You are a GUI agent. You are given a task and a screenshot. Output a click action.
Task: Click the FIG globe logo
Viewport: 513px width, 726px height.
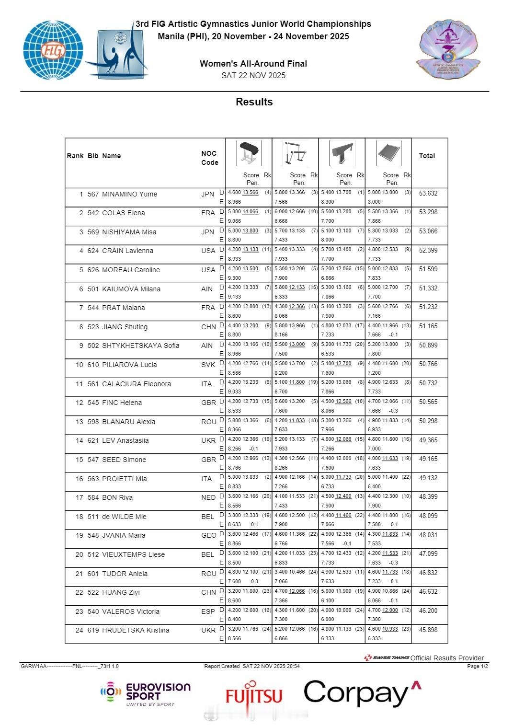(53, 50)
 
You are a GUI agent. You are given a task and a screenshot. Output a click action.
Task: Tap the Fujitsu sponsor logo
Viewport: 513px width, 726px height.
(253, 695)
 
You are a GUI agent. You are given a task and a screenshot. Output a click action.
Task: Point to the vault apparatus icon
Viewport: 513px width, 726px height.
(249, 153)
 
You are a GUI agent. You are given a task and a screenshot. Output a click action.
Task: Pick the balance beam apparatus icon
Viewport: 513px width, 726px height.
(342, 153)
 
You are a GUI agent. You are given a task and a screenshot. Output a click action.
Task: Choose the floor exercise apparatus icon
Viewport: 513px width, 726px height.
(388, 153)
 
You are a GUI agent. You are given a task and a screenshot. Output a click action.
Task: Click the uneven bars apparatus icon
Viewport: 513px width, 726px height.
(295, 153)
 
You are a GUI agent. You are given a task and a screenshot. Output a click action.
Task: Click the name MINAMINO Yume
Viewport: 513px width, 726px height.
(129, 194)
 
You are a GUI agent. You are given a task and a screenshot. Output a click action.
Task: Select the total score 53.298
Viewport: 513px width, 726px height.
(428, 212)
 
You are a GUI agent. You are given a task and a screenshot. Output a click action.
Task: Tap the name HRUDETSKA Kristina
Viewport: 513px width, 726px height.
(136, 630)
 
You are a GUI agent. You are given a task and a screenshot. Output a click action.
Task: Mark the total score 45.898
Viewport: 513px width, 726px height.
(428, 630)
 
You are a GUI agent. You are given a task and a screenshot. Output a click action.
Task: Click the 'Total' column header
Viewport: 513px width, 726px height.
(427, 156)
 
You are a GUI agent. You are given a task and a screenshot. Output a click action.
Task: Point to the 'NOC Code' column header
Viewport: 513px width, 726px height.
(209, 158)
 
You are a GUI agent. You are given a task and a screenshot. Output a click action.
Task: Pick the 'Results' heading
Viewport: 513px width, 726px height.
(254, 102)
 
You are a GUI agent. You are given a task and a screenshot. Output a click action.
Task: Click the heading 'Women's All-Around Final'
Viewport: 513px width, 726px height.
(253, 63)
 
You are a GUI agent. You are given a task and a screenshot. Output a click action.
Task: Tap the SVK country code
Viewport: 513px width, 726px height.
(208, 365)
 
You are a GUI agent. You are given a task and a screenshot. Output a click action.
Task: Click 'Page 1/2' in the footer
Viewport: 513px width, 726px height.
(477, 666)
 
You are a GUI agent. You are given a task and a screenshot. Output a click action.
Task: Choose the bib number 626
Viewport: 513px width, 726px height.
(93, 270)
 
